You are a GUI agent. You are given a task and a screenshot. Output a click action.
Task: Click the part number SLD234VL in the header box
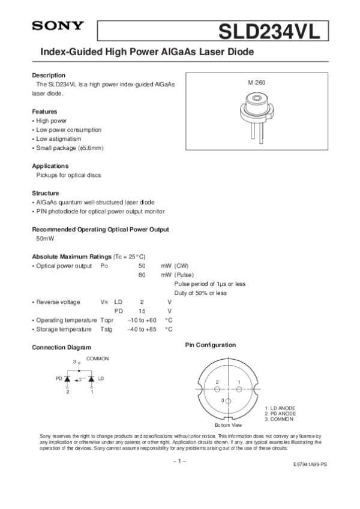coord(271,30)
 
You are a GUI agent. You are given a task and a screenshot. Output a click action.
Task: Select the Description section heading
coord(49,76)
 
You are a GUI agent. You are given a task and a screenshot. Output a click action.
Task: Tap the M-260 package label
coord(256,81)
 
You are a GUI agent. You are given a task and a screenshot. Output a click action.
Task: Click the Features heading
coord(45,112)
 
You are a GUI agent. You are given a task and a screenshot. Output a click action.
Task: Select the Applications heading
coord(50,165)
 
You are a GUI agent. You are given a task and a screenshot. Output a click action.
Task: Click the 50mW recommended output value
coord(44,239)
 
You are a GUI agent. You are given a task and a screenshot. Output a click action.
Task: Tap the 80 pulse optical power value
coord(142,275)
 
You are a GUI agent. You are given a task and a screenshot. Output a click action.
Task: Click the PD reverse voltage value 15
coord(142,311)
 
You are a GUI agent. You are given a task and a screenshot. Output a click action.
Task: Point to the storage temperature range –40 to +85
coord(142,329)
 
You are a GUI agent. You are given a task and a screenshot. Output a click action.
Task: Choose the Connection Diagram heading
coord(61,348)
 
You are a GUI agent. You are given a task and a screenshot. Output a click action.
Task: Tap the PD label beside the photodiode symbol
coord(59,379)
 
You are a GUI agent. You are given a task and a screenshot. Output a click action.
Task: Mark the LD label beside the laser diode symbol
coord(101,379)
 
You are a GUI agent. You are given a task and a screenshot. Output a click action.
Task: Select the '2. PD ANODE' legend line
coord(280,413)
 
